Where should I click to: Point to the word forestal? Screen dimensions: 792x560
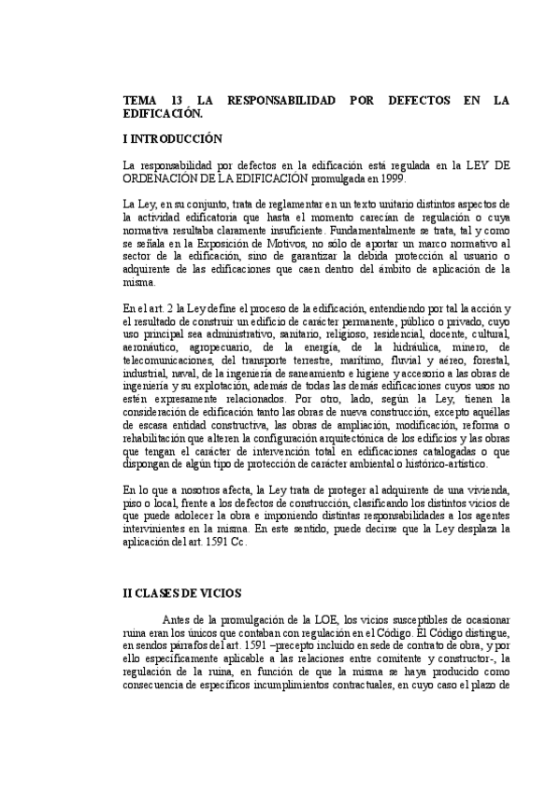[488, 361]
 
